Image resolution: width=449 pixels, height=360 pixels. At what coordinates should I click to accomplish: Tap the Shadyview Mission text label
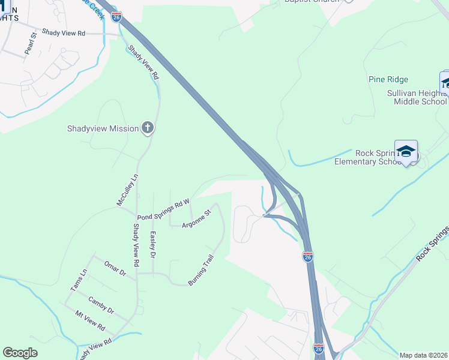103,128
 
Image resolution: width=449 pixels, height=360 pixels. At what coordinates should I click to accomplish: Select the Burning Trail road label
201,271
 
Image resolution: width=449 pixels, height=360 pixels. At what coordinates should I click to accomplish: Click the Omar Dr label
115,268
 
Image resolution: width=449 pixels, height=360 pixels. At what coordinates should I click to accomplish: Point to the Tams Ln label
79,280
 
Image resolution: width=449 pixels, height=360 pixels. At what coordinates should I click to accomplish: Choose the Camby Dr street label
101,304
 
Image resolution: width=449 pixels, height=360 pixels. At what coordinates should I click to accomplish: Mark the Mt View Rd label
90,321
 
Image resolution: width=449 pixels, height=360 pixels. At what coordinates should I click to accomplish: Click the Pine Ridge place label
388,79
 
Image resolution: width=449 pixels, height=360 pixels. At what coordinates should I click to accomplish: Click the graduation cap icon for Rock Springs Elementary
406,151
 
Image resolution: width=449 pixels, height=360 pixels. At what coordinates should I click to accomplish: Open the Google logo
20,353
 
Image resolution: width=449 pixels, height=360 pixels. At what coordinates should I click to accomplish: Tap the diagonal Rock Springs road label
432,243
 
